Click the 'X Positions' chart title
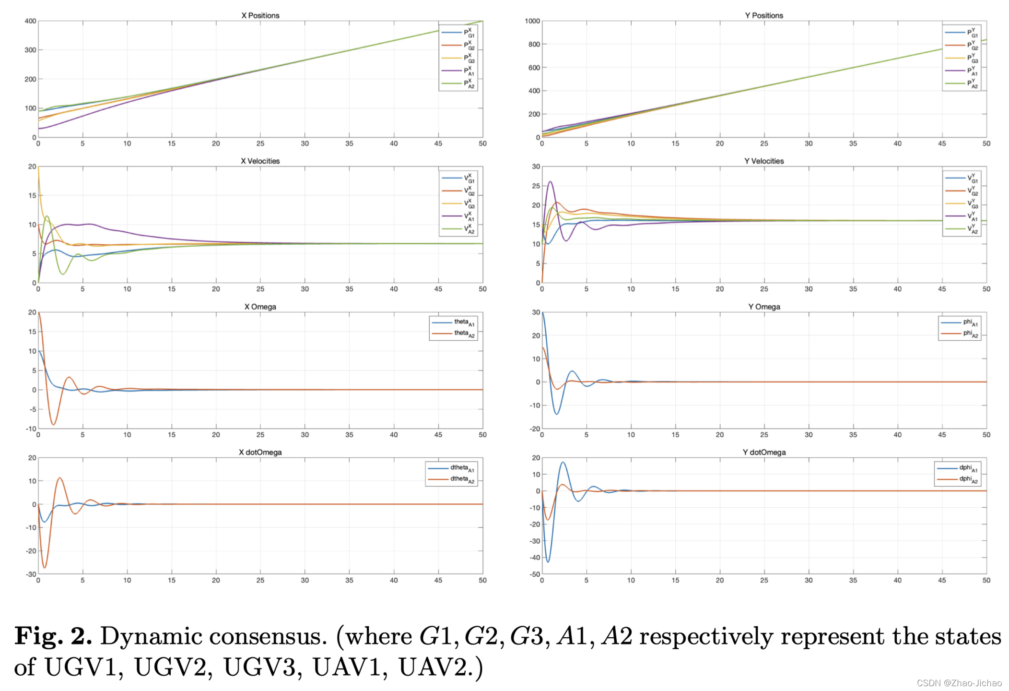tap(260, 15)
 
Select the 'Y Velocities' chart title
tap(763, 161)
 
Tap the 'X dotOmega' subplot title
tap(260, 453)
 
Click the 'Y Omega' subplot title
tap(763, 307)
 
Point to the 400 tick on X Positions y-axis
tap(30, 21)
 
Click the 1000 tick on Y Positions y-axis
tap(532, 21)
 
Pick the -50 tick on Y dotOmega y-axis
tap(534, 574)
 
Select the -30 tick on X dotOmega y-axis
tap(31, 574)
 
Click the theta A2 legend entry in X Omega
tap(463, 333)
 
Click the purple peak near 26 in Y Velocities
tap(550, 181)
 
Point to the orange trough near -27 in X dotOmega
tap(45, 568)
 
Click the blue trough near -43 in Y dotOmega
tap(548, 561)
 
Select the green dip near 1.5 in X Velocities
tap(63, 274)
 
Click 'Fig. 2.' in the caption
tap(53, 636)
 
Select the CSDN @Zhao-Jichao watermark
tap(959, 683)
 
